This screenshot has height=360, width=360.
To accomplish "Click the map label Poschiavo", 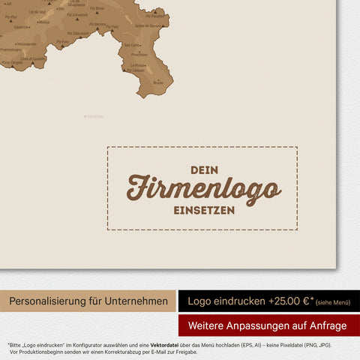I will [139, 54].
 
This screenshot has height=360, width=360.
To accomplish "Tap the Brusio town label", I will [157, 82].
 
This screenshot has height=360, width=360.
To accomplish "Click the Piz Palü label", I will [113, 27].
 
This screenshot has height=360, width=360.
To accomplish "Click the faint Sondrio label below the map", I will [94, 116].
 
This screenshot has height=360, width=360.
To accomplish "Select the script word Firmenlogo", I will [203, 188].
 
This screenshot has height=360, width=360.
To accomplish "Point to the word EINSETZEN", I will [204, 211].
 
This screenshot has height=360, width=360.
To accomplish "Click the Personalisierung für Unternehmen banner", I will [88, 301].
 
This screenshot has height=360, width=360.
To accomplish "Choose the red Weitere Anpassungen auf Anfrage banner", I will [268, 325].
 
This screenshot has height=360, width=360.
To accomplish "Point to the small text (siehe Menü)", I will [332, 302].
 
